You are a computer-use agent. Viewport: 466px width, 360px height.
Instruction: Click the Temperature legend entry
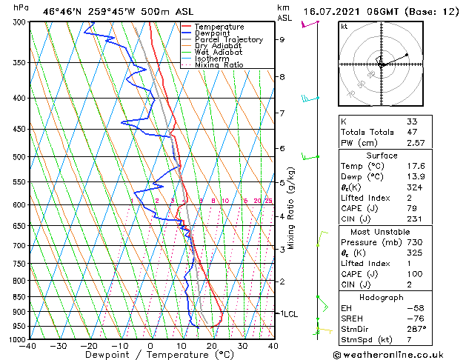tap(219, 27)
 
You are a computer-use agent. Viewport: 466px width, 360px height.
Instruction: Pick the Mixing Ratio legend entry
tap(219, 65)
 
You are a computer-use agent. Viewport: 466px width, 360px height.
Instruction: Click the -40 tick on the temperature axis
tap(28, 347)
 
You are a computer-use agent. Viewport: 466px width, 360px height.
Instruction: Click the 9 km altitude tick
tap(282, 39)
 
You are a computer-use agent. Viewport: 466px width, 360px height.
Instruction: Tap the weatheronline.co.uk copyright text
tap(393, 354)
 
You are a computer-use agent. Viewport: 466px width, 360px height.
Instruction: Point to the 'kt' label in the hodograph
tap(344, 26)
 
